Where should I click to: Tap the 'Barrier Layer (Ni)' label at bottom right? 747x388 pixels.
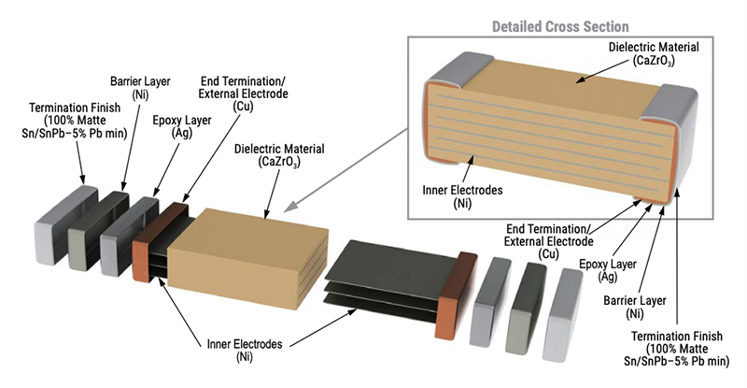(621, 309)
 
